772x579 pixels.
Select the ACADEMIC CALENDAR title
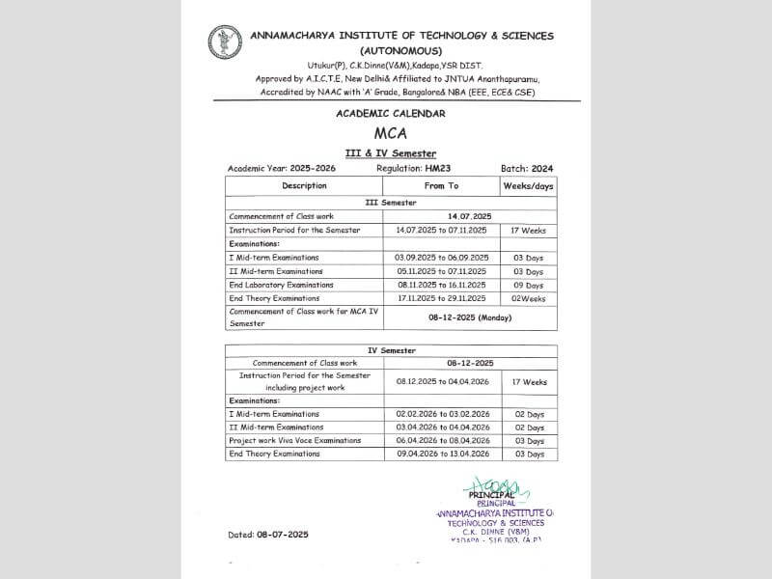pos(391,114)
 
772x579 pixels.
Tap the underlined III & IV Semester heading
pos(391,153)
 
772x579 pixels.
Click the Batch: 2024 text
pos(526,169)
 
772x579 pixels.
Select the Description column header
pos(304,185)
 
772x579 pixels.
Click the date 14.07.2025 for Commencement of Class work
pos(470,216)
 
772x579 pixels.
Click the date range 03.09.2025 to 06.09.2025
pos(441,258)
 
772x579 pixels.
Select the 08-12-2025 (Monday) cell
pos(470,317)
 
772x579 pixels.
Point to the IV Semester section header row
pos(391,350)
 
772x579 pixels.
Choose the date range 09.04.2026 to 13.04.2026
pos(441,454)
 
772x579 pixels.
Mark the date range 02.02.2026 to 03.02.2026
pos(441,414)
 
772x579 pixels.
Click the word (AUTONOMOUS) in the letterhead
pos(400,50)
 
